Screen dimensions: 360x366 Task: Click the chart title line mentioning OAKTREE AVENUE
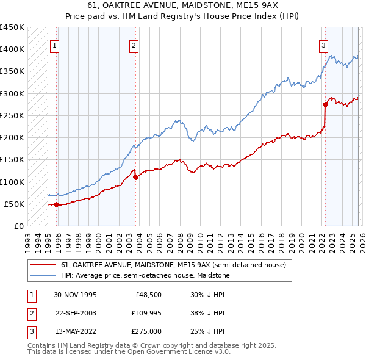coord(182,5)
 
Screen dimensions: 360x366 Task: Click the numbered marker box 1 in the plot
coord(55,45)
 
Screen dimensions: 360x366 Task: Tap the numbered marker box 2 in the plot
coord(134,45)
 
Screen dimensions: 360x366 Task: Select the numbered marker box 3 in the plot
coord(323,45)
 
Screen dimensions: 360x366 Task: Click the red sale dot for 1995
coord(57,204)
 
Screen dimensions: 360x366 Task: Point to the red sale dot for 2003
coord(135,177)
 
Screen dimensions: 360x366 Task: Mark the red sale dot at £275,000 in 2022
coord(325,104)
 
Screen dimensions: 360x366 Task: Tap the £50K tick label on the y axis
coord(15,204)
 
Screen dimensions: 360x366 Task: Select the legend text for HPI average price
coord(145,275)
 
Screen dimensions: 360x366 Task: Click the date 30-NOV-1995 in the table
coord(75,294)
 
